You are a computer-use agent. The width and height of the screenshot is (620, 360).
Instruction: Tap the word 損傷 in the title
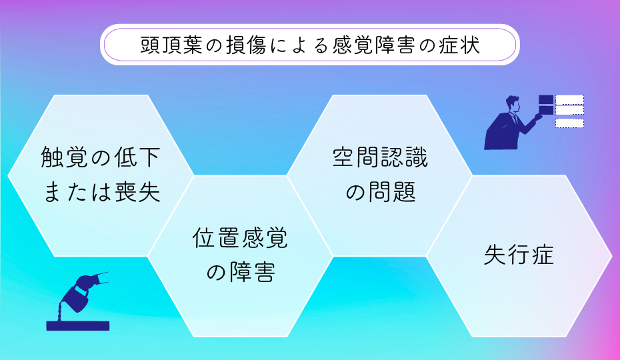point(241,46)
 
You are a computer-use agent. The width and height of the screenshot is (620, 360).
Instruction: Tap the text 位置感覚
point(240,238)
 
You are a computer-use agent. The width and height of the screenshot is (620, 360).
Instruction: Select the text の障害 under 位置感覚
point(240,271)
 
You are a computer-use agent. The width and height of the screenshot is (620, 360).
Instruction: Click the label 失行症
point(519,255)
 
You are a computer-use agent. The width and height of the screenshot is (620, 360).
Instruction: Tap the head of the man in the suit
point(513,103)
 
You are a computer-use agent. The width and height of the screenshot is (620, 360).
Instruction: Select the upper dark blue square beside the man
point(546,100)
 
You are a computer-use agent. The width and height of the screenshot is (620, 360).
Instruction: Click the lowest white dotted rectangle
point(569,123)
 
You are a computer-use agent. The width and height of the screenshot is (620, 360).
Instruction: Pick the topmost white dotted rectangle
point(569,100)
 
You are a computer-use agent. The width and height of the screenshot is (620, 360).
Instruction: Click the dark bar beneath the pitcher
point(77,326)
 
